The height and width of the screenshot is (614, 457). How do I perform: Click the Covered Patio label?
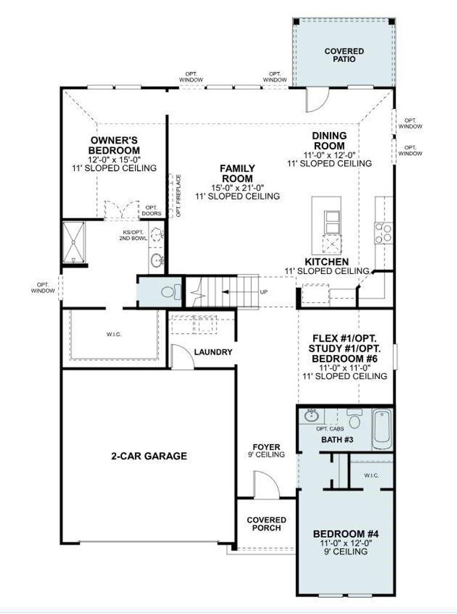[344, 55]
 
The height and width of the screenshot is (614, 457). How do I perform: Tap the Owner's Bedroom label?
[114, 145]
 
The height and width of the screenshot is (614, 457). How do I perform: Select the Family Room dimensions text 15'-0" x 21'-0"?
[237, 188]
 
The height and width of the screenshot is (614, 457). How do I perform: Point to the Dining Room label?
[329, 140]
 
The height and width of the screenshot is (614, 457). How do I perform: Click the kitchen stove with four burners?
[383, 233]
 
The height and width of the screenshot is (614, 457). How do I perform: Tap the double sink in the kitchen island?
[332, 222]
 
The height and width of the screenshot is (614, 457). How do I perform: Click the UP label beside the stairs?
[264, 292]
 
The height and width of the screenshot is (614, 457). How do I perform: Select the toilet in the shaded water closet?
[171, 292]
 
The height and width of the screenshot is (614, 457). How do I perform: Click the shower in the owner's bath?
[74, 243]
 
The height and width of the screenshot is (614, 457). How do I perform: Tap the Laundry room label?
[213, 352]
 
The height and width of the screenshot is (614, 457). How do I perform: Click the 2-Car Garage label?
[149, 456]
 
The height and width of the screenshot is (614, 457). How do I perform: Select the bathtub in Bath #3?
[382, 429]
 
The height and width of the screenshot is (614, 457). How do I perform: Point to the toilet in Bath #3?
[355, 419]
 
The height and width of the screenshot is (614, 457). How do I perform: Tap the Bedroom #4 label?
[346, 534]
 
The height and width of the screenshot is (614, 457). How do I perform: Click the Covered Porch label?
[266, 524]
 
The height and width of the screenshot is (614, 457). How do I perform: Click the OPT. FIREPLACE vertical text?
[179, 196]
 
